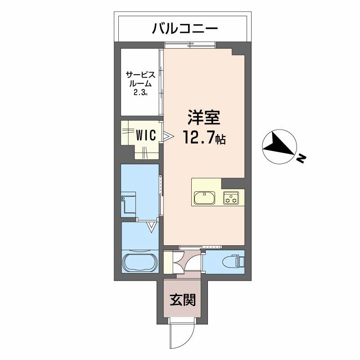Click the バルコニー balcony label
184,29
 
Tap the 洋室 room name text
204,117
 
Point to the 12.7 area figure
198,137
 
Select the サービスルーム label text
140,79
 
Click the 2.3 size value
139,93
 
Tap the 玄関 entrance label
183,300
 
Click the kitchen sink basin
204,198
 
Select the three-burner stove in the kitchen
231,198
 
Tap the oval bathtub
140,262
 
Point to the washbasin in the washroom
128,205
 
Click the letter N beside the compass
301,158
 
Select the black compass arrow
279,145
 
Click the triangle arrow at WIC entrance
168,137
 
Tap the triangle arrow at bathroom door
152,227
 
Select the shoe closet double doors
179,262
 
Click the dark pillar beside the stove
233,183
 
